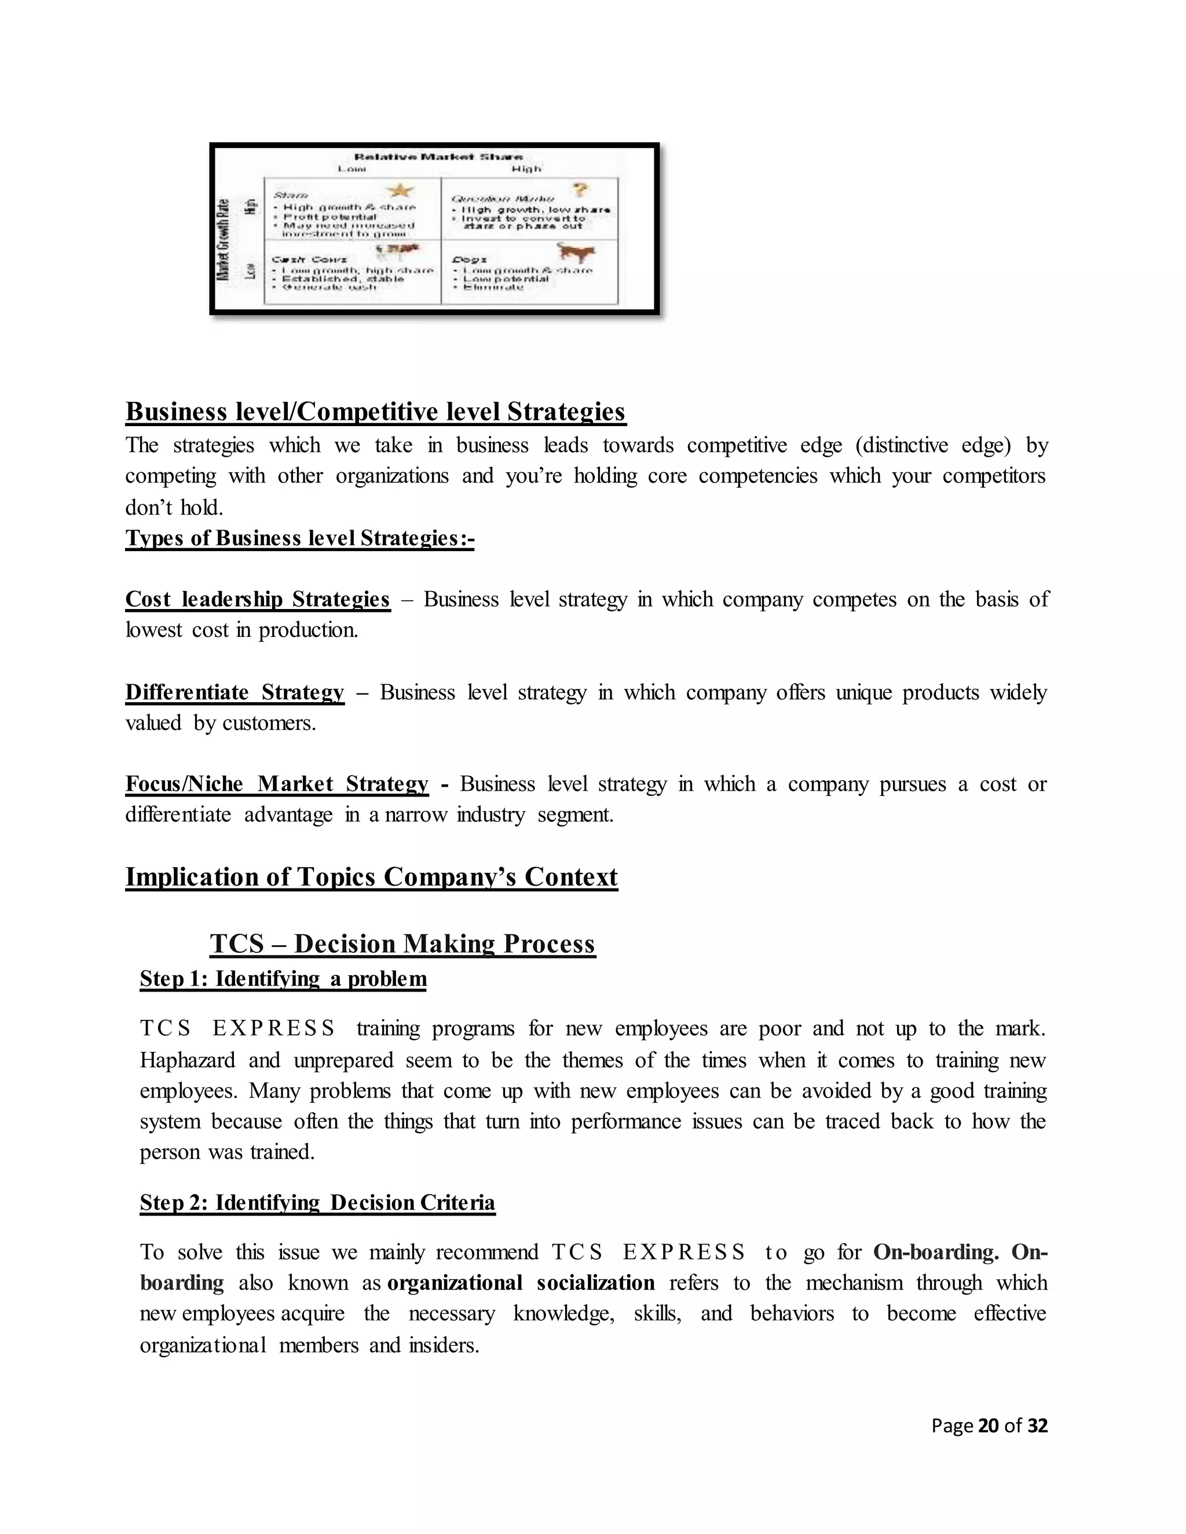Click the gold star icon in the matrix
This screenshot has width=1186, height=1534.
coord(401,190)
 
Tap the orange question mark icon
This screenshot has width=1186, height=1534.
coord(579,190)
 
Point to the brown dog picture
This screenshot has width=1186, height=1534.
coord(576,252)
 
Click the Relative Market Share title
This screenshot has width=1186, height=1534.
coord(438,157)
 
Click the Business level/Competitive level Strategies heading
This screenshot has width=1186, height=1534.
coord(375,412)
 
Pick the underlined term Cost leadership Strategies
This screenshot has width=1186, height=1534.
coord(257,599)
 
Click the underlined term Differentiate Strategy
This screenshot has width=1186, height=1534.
coord(235,692)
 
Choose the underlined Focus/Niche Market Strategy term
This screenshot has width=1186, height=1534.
coord(277,784)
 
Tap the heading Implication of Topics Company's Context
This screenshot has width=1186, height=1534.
coord(371,877)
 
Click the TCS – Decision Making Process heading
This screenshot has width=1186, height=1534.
coord(402,944)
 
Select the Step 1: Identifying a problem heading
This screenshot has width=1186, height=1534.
coord(283,979)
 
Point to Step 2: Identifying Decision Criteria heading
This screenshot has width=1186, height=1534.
coord(317,1202)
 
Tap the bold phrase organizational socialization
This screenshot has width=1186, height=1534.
coord(521,1283)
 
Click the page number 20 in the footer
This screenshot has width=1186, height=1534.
coord(988,1425)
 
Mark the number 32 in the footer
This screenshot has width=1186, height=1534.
coord(1037,1425)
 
